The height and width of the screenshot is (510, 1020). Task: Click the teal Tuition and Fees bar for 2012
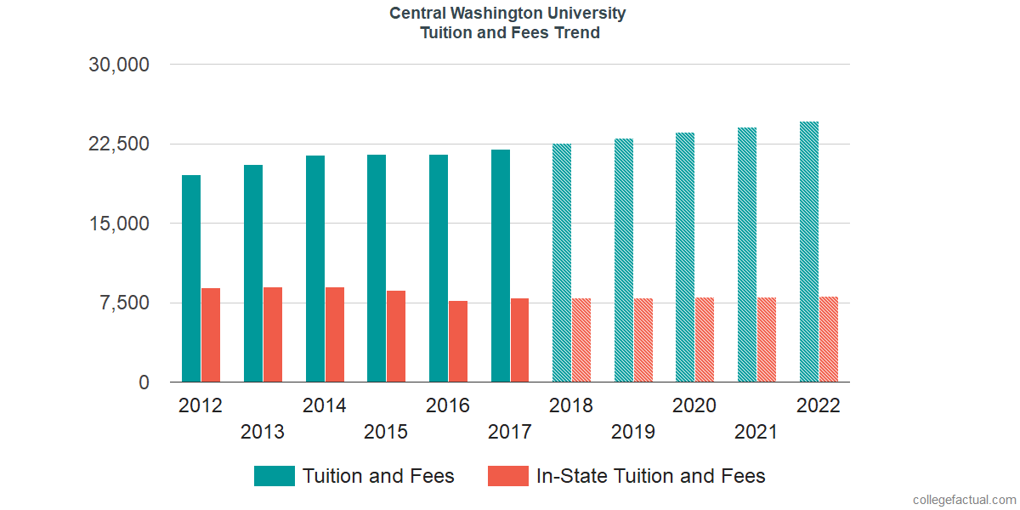(x=191, y=279)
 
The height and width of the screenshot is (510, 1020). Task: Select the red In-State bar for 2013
(x=273, y=335)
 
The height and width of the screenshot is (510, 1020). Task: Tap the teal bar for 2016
(x=439, y=269)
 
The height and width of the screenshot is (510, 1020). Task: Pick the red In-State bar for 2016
(x=458, y=342)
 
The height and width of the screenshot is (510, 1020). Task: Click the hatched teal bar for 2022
(x=809, y=252)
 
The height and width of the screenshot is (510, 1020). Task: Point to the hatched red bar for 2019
(x=643, y=340)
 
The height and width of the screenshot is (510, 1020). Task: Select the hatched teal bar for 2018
(x=562, y=263)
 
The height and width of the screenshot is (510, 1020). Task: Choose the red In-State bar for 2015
(x=396, y=337)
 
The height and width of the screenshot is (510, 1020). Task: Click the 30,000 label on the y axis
(x=119, y=65)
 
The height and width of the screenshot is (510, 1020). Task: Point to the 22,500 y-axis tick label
(x=119, y=144)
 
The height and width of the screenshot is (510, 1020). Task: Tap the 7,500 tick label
(x=126, y=303)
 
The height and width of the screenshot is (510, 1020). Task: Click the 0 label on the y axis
(x=144, y=382)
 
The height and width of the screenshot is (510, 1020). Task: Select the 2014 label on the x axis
(x=325, y=405)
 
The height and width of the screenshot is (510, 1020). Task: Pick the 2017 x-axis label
(x=510, y=432)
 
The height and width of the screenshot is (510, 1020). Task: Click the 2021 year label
(x=756, y=432)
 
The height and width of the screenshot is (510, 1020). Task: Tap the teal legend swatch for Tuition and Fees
(x=275, y=476)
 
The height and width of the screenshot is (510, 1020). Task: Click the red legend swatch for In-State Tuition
(x=508, y=476)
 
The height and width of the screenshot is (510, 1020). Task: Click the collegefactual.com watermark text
(x=963, y=499)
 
